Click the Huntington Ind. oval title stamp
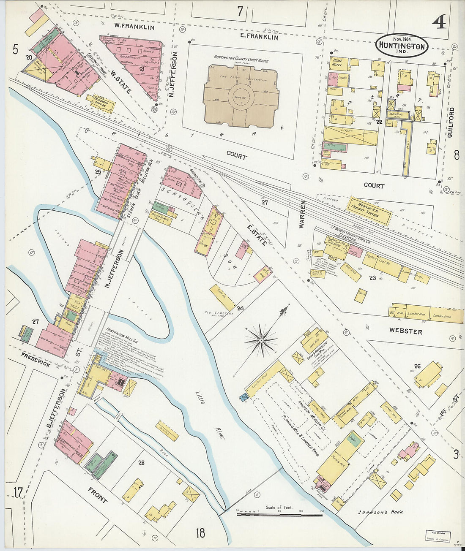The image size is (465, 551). click(x=402, y=46)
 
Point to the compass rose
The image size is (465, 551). click(x=262, y=339)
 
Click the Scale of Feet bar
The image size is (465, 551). click(x=279, y=515)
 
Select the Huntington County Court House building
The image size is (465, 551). click(x=241, y=95)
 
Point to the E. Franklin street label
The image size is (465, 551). click(x=259, y=37)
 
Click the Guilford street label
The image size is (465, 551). click(x=451, y=122)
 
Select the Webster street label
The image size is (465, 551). click(x=405, y=331)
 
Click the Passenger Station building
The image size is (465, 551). click(x=101, y=103)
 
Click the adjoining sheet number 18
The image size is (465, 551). click(x=200, y=533)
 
